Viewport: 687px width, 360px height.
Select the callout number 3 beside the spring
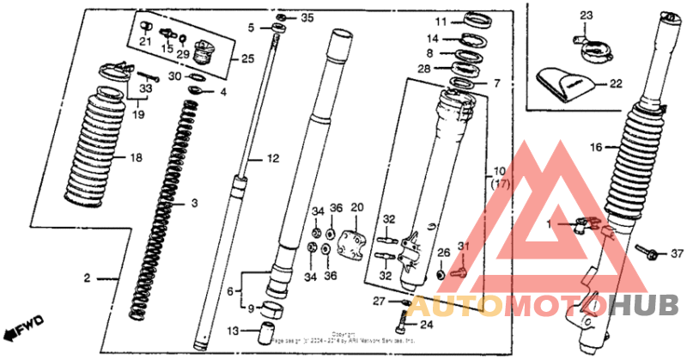195,203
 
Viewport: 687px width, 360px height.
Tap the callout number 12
274,159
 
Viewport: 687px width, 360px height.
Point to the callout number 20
357,208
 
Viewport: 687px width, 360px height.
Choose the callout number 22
615,84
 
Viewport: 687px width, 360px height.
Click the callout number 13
232,332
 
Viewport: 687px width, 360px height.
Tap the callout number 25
247,59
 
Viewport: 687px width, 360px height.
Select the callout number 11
440,21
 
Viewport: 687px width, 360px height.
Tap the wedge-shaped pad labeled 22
562,83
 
